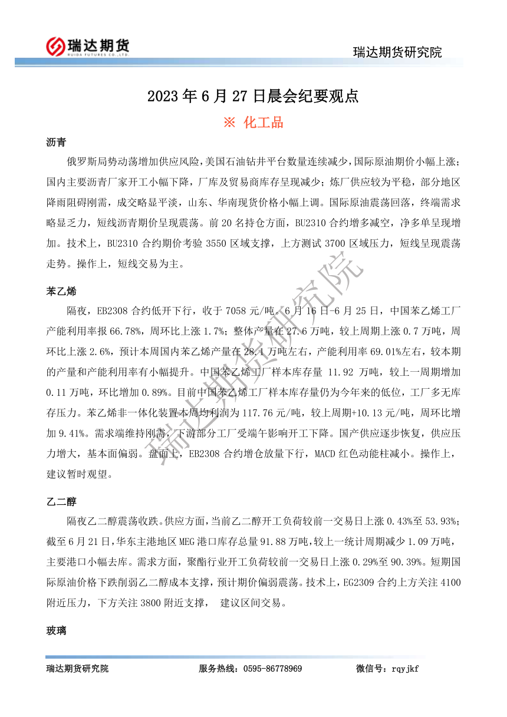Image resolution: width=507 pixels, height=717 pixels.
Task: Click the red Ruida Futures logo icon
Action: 56,45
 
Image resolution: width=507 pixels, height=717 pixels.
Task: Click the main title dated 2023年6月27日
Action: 253,96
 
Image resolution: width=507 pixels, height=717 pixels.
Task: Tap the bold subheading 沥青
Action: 56,143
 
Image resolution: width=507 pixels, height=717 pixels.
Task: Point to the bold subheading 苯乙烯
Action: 61,291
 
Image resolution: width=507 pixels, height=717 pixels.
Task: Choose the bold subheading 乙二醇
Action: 61,501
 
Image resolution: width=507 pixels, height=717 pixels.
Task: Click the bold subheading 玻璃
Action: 56,631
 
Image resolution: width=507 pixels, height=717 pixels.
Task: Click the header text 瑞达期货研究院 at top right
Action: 397,52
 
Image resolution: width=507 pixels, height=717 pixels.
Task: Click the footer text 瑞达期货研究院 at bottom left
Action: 77,669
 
